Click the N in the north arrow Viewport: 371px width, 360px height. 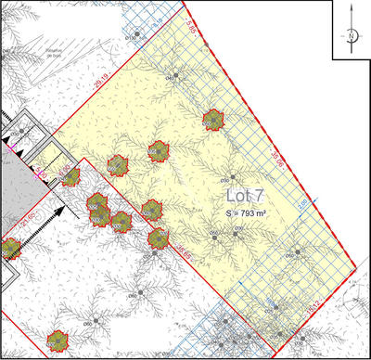[x=352, y=36]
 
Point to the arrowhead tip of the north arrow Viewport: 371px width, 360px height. [x=352, y=7]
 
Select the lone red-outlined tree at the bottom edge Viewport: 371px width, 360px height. [x=58, y=341]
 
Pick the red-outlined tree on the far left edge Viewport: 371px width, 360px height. [x=10, y=249]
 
